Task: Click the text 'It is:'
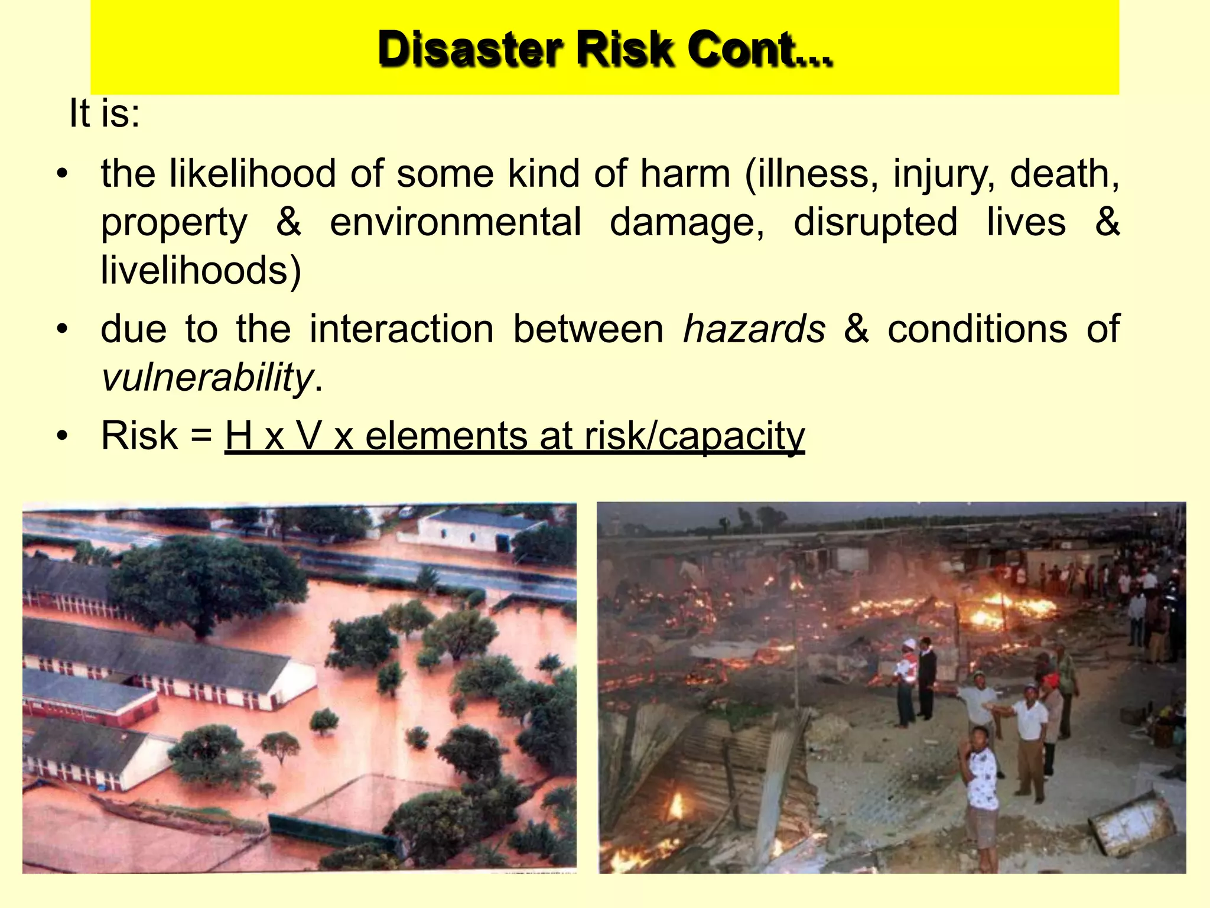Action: click(x=105, y=113)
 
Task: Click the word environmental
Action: click(x=455, y=222)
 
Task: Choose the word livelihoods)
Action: click(x=201, y=270)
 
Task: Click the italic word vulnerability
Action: click(x=207, y=377)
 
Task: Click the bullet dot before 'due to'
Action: click(x=63, y=330)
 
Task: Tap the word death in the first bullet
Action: click(x=1064, y=174)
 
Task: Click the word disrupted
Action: click(x=875, y=222)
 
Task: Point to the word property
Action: click(x=174, y=223)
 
